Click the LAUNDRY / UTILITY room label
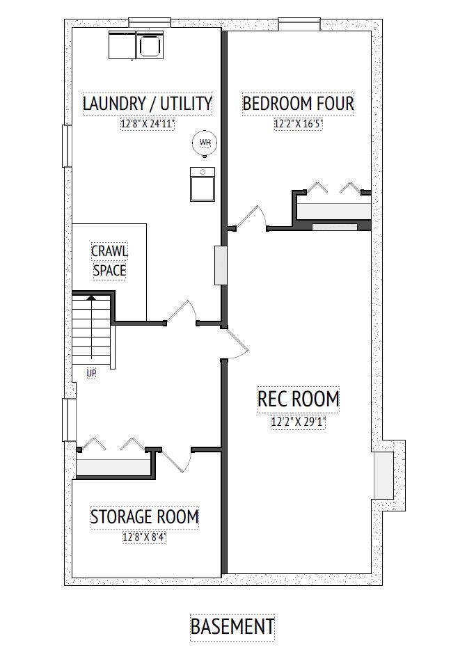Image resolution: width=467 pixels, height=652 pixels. tap(147, 104)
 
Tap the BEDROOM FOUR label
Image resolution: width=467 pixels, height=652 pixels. tap(298, 104)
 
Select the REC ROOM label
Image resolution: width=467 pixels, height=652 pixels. tap(298, 399)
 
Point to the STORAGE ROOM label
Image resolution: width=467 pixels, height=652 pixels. tap(145, 517)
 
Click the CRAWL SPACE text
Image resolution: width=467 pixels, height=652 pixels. tap(109, 260)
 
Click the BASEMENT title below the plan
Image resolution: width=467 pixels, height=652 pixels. tap(232, 626)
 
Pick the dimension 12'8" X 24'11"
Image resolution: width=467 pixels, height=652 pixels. tap(147, 125)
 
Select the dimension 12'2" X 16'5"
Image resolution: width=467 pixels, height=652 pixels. tap(298, 125)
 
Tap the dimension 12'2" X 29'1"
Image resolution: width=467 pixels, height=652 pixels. tap(298, 421)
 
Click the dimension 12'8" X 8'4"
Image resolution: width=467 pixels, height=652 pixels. tap(145, 537)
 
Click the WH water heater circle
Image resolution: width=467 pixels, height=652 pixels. tap(205, 143)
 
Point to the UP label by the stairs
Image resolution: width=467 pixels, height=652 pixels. tap(91, 374)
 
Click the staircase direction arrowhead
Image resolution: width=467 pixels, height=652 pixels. tap(90, 297)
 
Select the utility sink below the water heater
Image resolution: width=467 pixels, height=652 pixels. tap(202, 185)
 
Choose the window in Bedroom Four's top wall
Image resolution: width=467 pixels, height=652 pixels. tap(299, 25)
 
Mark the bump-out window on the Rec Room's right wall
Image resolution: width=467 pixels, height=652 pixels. tap(383, 475)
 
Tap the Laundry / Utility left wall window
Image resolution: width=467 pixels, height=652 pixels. tap(68, 145)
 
